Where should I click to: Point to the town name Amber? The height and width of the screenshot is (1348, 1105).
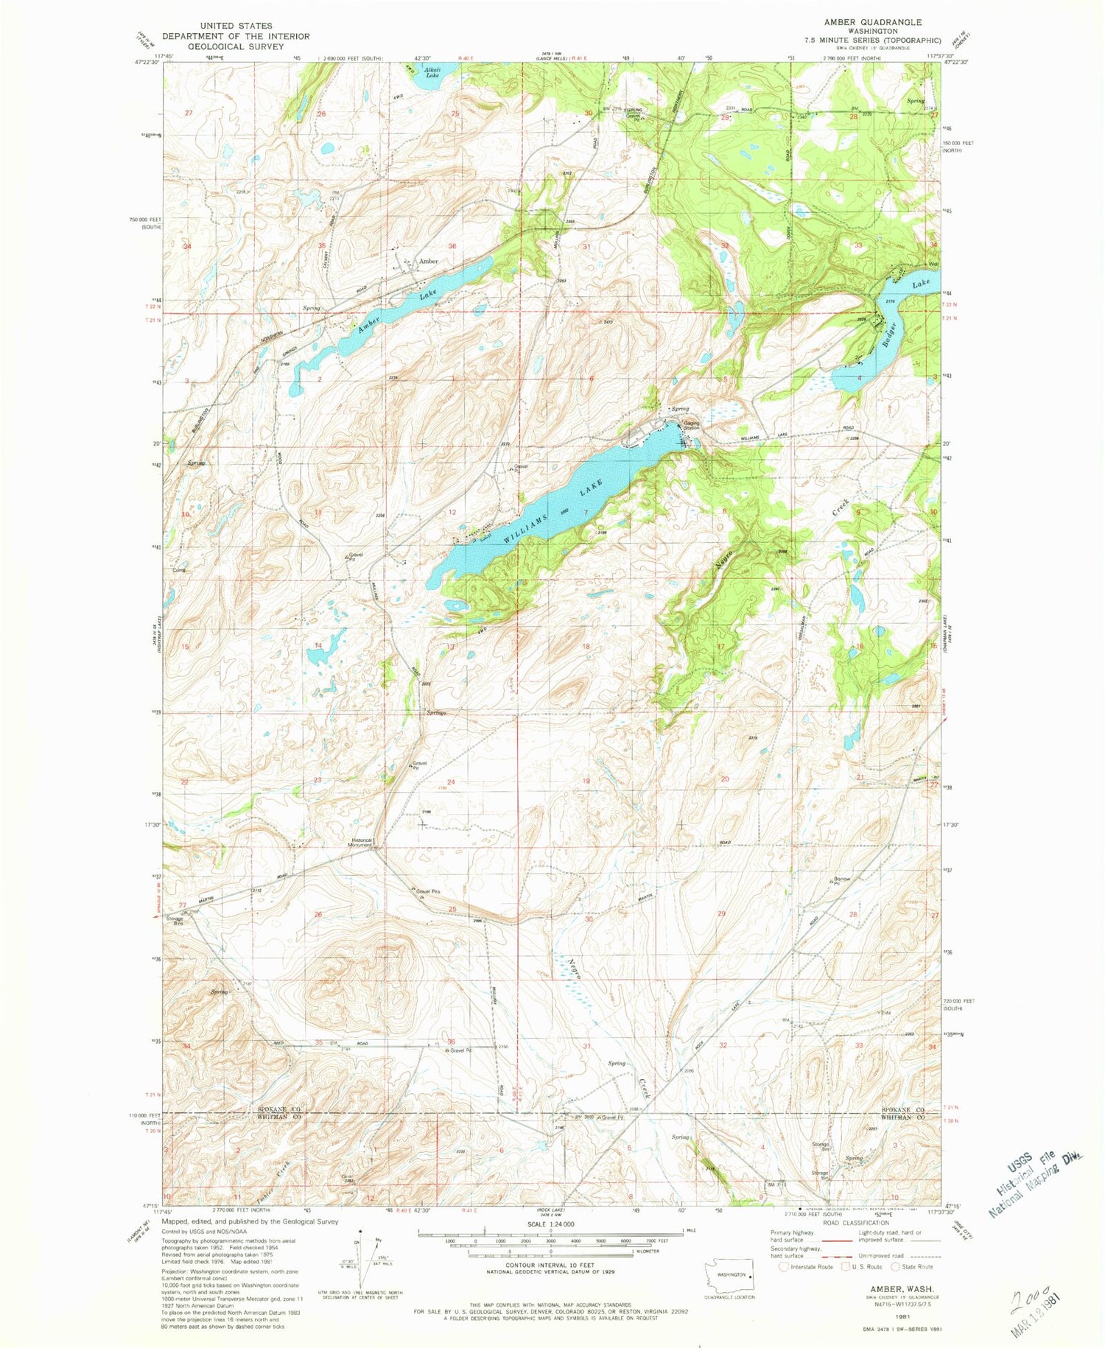pyautogui.click(x=428, y=261)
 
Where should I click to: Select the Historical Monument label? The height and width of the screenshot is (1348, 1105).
pyautogui.click(x=362, y=843)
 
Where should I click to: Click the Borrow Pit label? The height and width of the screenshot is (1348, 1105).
pyautogui.click(x=841, y=881)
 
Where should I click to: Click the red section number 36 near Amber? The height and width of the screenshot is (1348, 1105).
pyautogui.click(x=452, y=246)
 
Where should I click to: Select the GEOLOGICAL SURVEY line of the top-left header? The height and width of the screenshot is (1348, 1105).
pyautogui.click(x=236, y=46)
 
